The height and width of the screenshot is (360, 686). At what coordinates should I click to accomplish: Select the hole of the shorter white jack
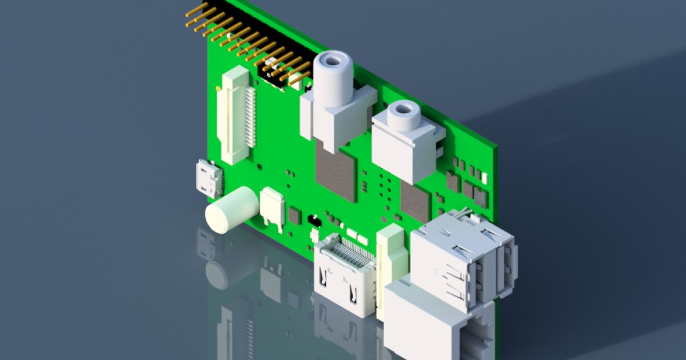coord(404,108)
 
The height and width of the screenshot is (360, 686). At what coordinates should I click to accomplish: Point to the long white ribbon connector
coord(235,117)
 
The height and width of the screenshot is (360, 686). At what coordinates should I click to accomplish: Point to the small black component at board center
coord(313,219)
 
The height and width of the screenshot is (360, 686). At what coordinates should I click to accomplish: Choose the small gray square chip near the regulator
coord(294,215)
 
